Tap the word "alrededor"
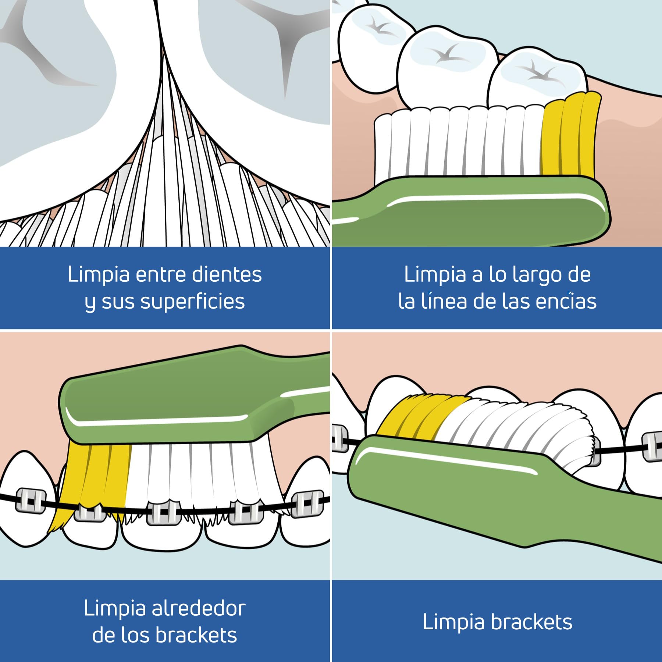(x=199, y=609)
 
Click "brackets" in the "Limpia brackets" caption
(x=531, y=622)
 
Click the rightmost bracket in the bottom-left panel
(x=306, y=503)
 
